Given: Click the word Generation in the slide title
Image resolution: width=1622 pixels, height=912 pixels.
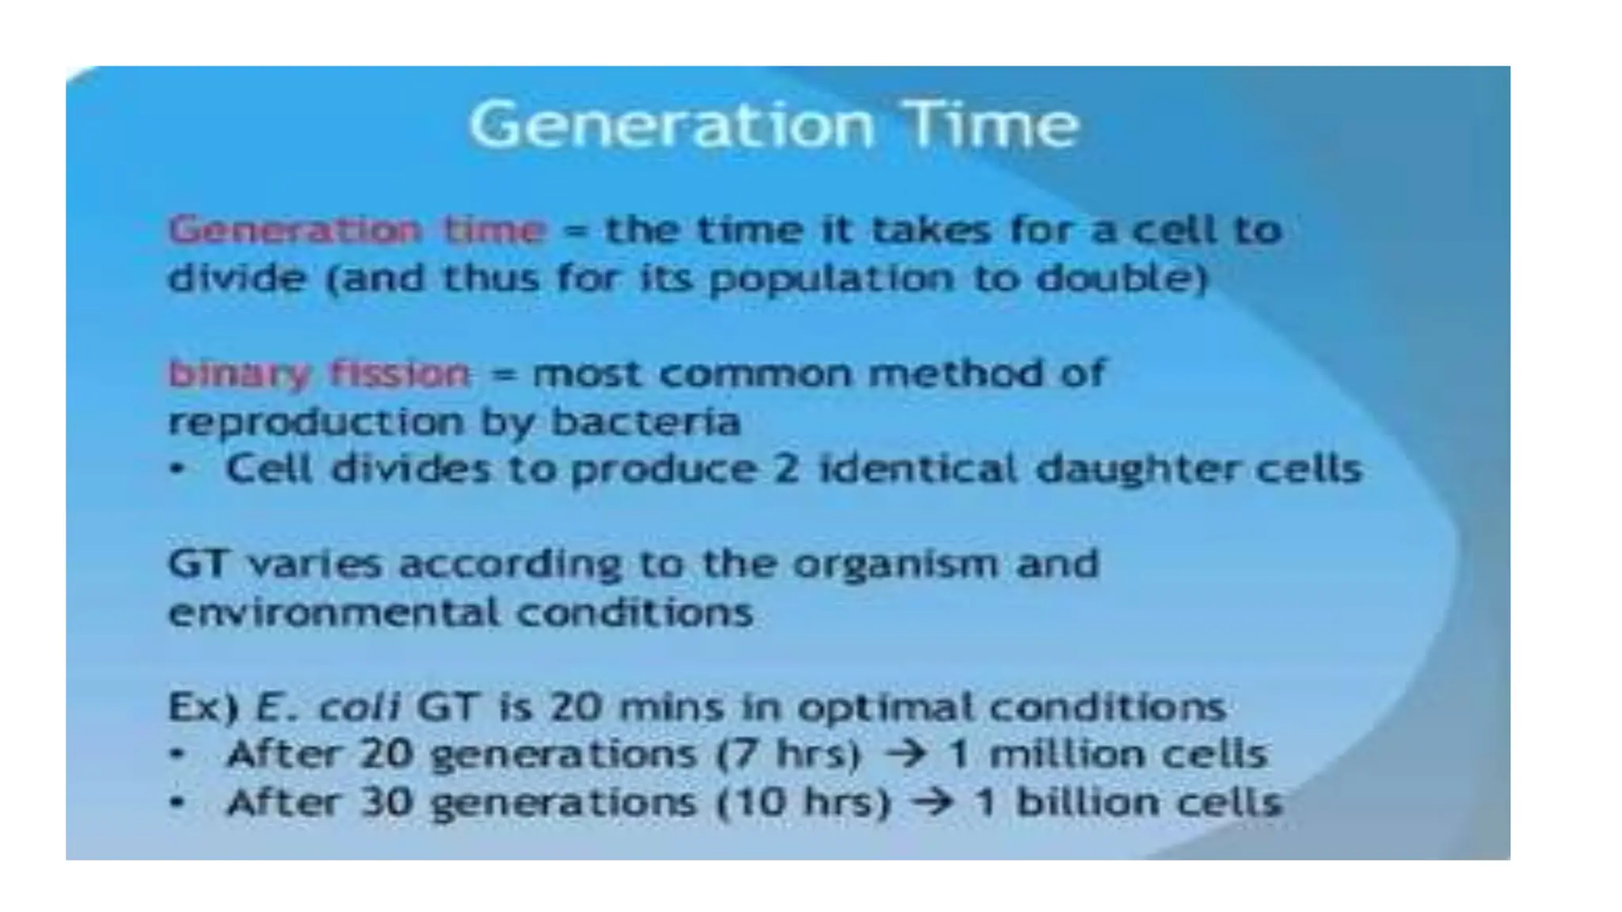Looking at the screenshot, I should [x=672, y=125].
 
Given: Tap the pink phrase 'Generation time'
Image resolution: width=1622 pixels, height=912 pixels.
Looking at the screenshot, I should [x=357, y=230].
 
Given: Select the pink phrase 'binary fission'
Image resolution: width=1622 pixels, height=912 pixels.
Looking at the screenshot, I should [x=319, y=374].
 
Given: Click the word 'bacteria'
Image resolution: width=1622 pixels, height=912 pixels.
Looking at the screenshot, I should [x=645, y=422].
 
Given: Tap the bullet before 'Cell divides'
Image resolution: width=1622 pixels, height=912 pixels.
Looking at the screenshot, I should [x=178, y=469].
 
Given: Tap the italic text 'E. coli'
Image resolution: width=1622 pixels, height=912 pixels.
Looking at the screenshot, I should [x=327, y=707].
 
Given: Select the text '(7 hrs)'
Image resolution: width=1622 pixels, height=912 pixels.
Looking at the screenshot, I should [x=788, y=754].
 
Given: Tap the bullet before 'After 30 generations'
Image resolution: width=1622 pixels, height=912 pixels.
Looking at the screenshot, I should [x=178, y=804].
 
